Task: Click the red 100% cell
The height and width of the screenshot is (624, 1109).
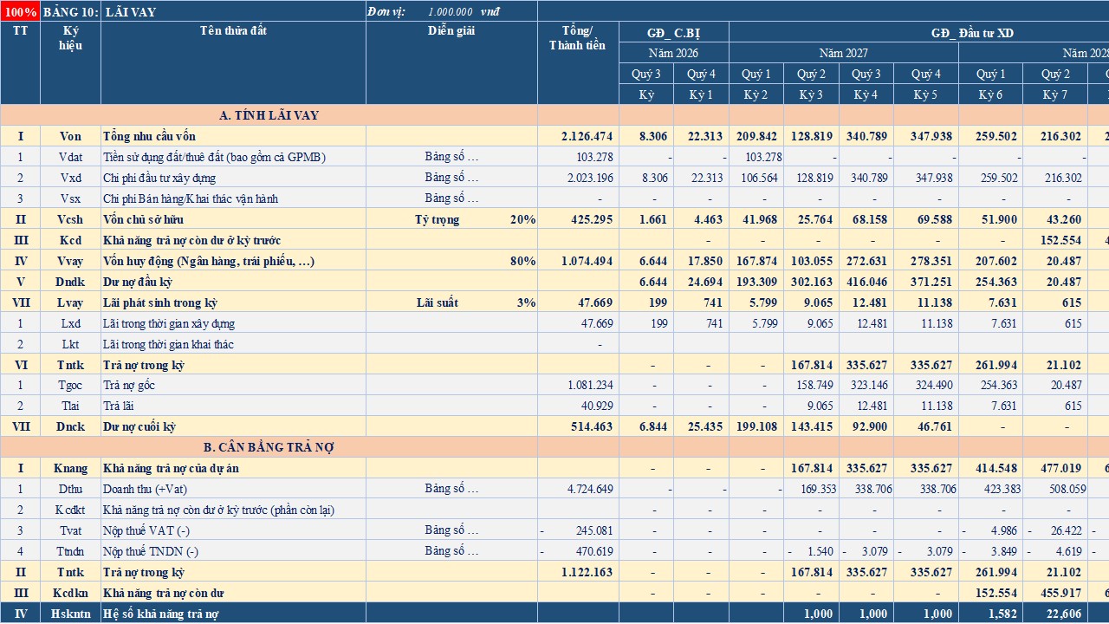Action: (20, 11)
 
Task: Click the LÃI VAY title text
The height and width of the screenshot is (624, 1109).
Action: (131, 12)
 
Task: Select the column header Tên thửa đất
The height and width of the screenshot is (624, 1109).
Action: (233, 30)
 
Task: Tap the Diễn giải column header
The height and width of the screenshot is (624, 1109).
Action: (451, 30)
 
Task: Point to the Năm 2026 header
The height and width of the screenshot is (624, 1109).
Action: (673, 53)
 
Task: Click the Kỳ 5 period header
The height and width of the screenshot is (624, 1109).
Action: (925, 94)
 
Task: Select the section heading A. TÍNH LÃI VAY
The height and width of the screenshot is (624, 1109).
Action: (269, 115)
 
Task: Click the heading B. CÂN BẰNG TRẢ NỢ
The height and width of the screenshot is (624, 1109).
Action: (269, 447)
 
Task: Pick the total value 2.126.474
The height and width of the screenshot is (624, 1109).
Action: (587, 136)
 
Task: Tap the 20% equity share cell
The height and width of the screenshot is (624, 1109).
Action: (522, 219)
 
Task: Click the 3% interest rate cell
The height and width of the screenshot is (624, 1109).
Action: (526, 302)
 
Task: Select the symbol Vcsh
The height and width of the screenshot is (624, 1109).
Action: (70, 219)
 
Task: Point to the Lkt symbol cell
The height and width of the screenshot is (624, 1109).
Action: (70, 344)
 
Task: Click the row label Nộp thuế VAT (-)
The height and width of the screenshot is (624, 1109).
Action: (146, 530)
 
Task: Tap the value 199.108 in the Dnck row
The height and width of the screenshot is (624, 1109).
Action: (756, 426)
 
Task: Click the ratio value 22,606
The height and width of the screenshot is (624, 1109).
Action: (1063, 614)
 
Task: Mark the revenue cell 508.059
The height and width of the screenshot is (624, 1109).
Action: (1067, 489)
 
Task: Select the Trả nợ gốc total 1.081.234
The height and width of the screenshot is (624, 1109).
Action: (590, 385)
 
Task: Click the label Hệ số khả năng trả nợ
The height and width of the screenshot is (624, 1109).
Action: (160, 614)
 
